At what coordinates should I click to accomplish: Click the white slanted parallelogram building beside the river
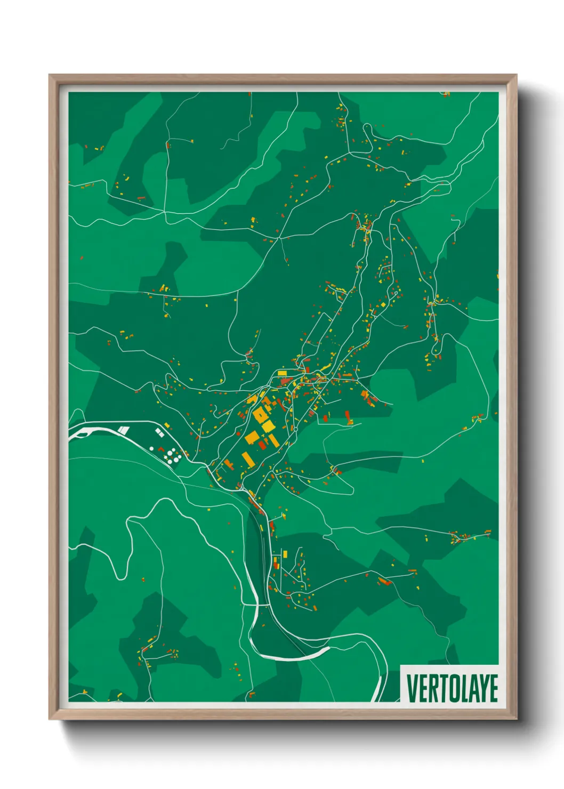coord(124,429)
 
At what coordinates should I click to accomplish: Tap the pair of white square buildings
coord(158,433)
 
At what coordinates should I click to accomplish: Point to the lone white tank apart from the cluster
coord(152,448)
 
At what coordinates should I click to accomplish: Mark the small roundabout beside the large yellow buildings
coord(295,428)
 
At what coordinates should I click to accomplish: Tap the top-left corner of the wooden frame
coord(50,75)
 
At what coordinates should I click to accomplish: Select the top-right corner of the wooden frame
coord(516,75)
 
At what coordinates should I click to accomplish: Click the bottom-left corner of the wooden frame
coord(50,719)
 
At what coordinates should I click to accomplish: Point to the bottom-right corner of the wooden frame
coord(516,719)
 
